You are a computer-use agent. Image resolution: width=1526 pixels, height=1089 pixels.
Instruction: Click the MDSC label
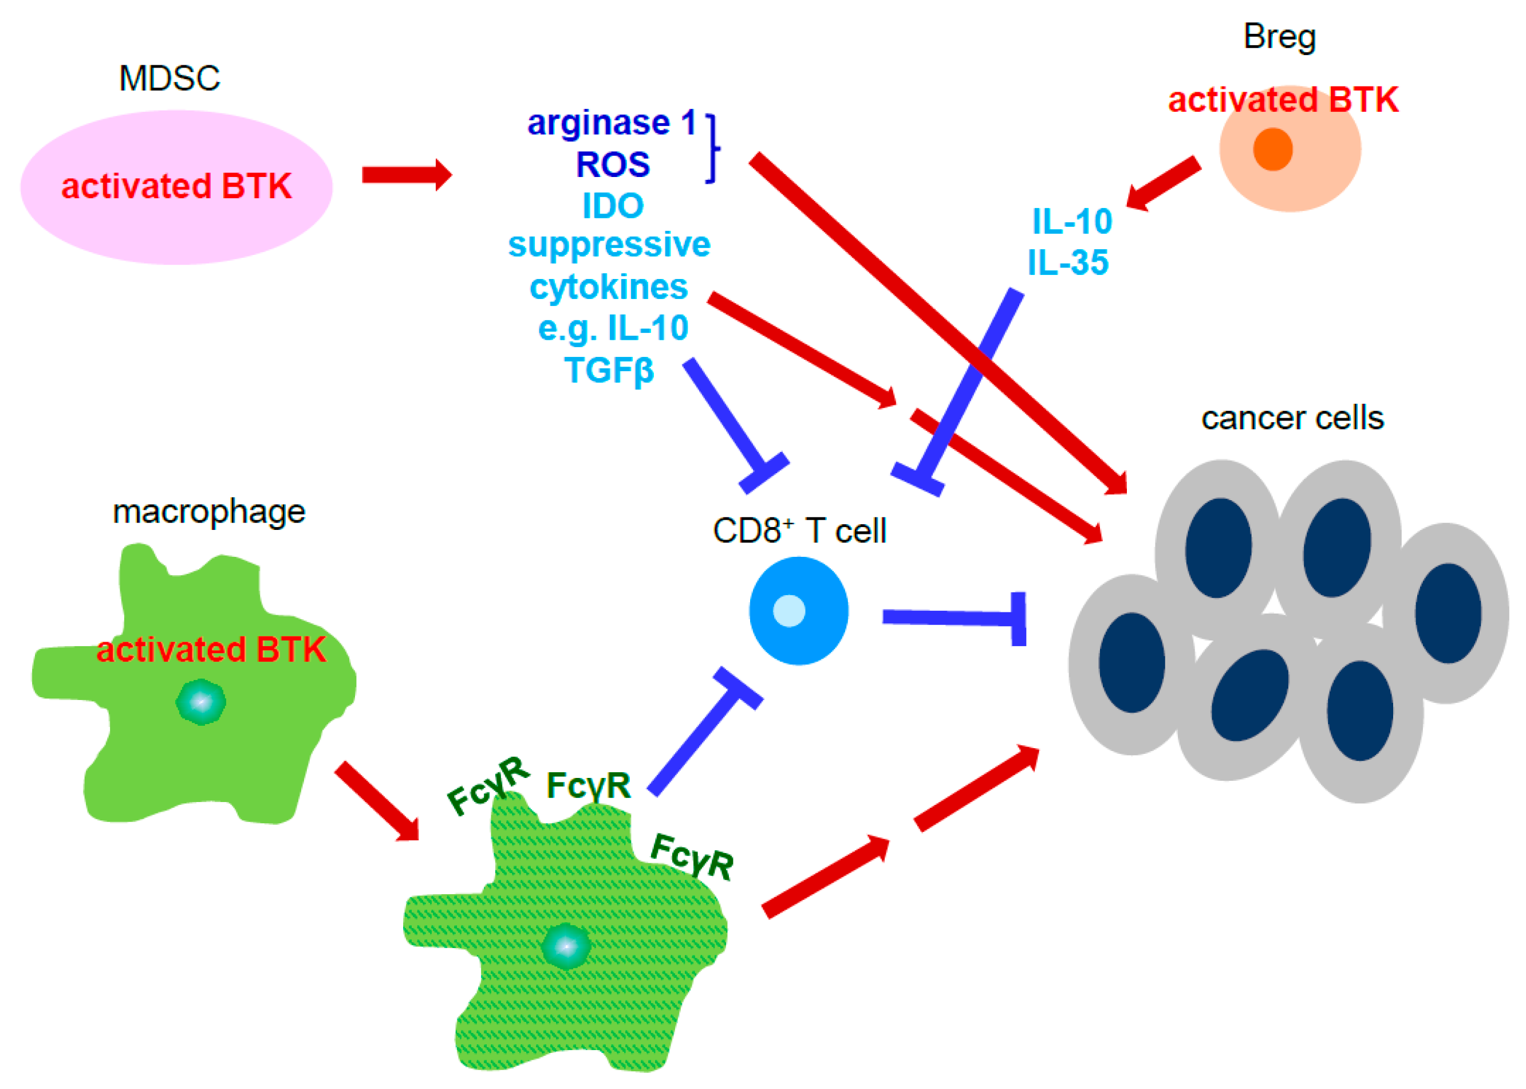click(x=169, y=78)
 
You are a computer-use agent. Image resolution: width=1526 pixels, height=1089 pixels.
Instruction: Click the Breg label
click(x=1279, y=37)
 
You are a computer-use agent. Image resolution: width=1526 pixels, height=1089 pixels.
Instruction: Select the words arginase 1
click(x=611, y=123)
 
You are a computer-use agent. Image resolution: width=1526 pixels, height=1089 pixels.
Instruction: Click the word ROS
click(x=613, y=164)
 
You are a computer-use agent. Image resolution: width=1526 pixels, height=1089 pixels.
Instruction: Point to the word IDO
click(x=613, y=206)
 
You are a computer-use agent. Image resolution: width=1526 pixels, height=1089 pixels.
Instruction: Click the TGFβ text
click(x=609, y=370)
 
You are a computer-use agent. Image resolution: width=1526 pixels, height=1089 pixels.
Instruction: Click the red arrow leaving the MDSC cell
click(x=406, y=175)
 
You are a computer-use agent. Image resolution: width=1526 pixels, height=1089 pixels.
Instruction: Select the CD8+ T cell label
click(x=799, y=530)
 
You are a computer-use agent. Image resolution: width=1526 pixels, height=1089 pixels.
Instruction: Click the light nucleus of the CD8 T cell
click(x=789, y=611)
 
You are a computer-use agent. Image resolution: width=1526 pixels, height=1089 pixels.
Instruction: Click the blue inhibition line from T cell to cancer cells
click(x=952, y=618)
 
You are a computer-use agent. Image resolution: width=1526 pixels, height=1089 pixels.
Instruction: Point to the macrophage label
click(x=208, y=512)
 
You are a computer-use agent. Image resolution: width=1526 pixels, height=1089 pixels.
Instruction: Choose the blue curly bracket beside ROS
click(x=712, y=148)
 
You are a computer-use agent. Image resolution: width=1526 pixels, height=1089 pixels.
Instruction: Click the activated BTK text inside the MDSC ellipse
click(x=176, y=186)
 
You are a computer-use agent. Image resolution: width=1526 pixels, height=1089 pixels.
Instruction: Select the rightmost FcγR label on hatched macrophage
click(x=692, y=856)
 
